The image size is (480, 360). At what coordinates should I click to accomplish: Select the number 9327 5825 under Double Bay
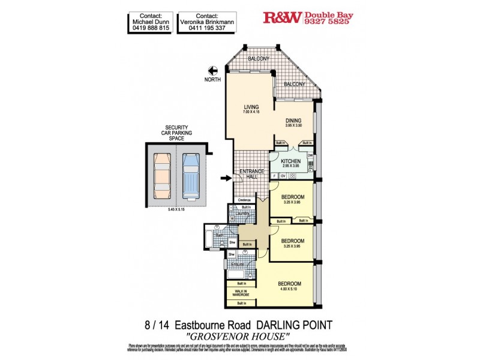point(328,23)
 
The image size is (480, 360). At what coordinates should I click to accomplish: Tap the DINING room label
point(293,121)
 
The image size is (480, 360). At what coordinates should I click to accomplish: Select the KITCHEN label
point(290,162)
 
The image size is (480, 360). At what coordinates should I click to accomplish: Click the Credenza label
point(244,200)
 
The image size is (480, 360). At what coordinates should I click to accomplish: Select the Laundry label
point(242,212)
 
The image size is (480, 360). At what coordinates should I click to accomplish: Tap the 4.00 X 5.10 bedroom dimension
point(289,289)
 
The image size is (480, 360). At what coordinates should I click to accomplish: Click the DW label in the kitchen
point(310,155)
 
